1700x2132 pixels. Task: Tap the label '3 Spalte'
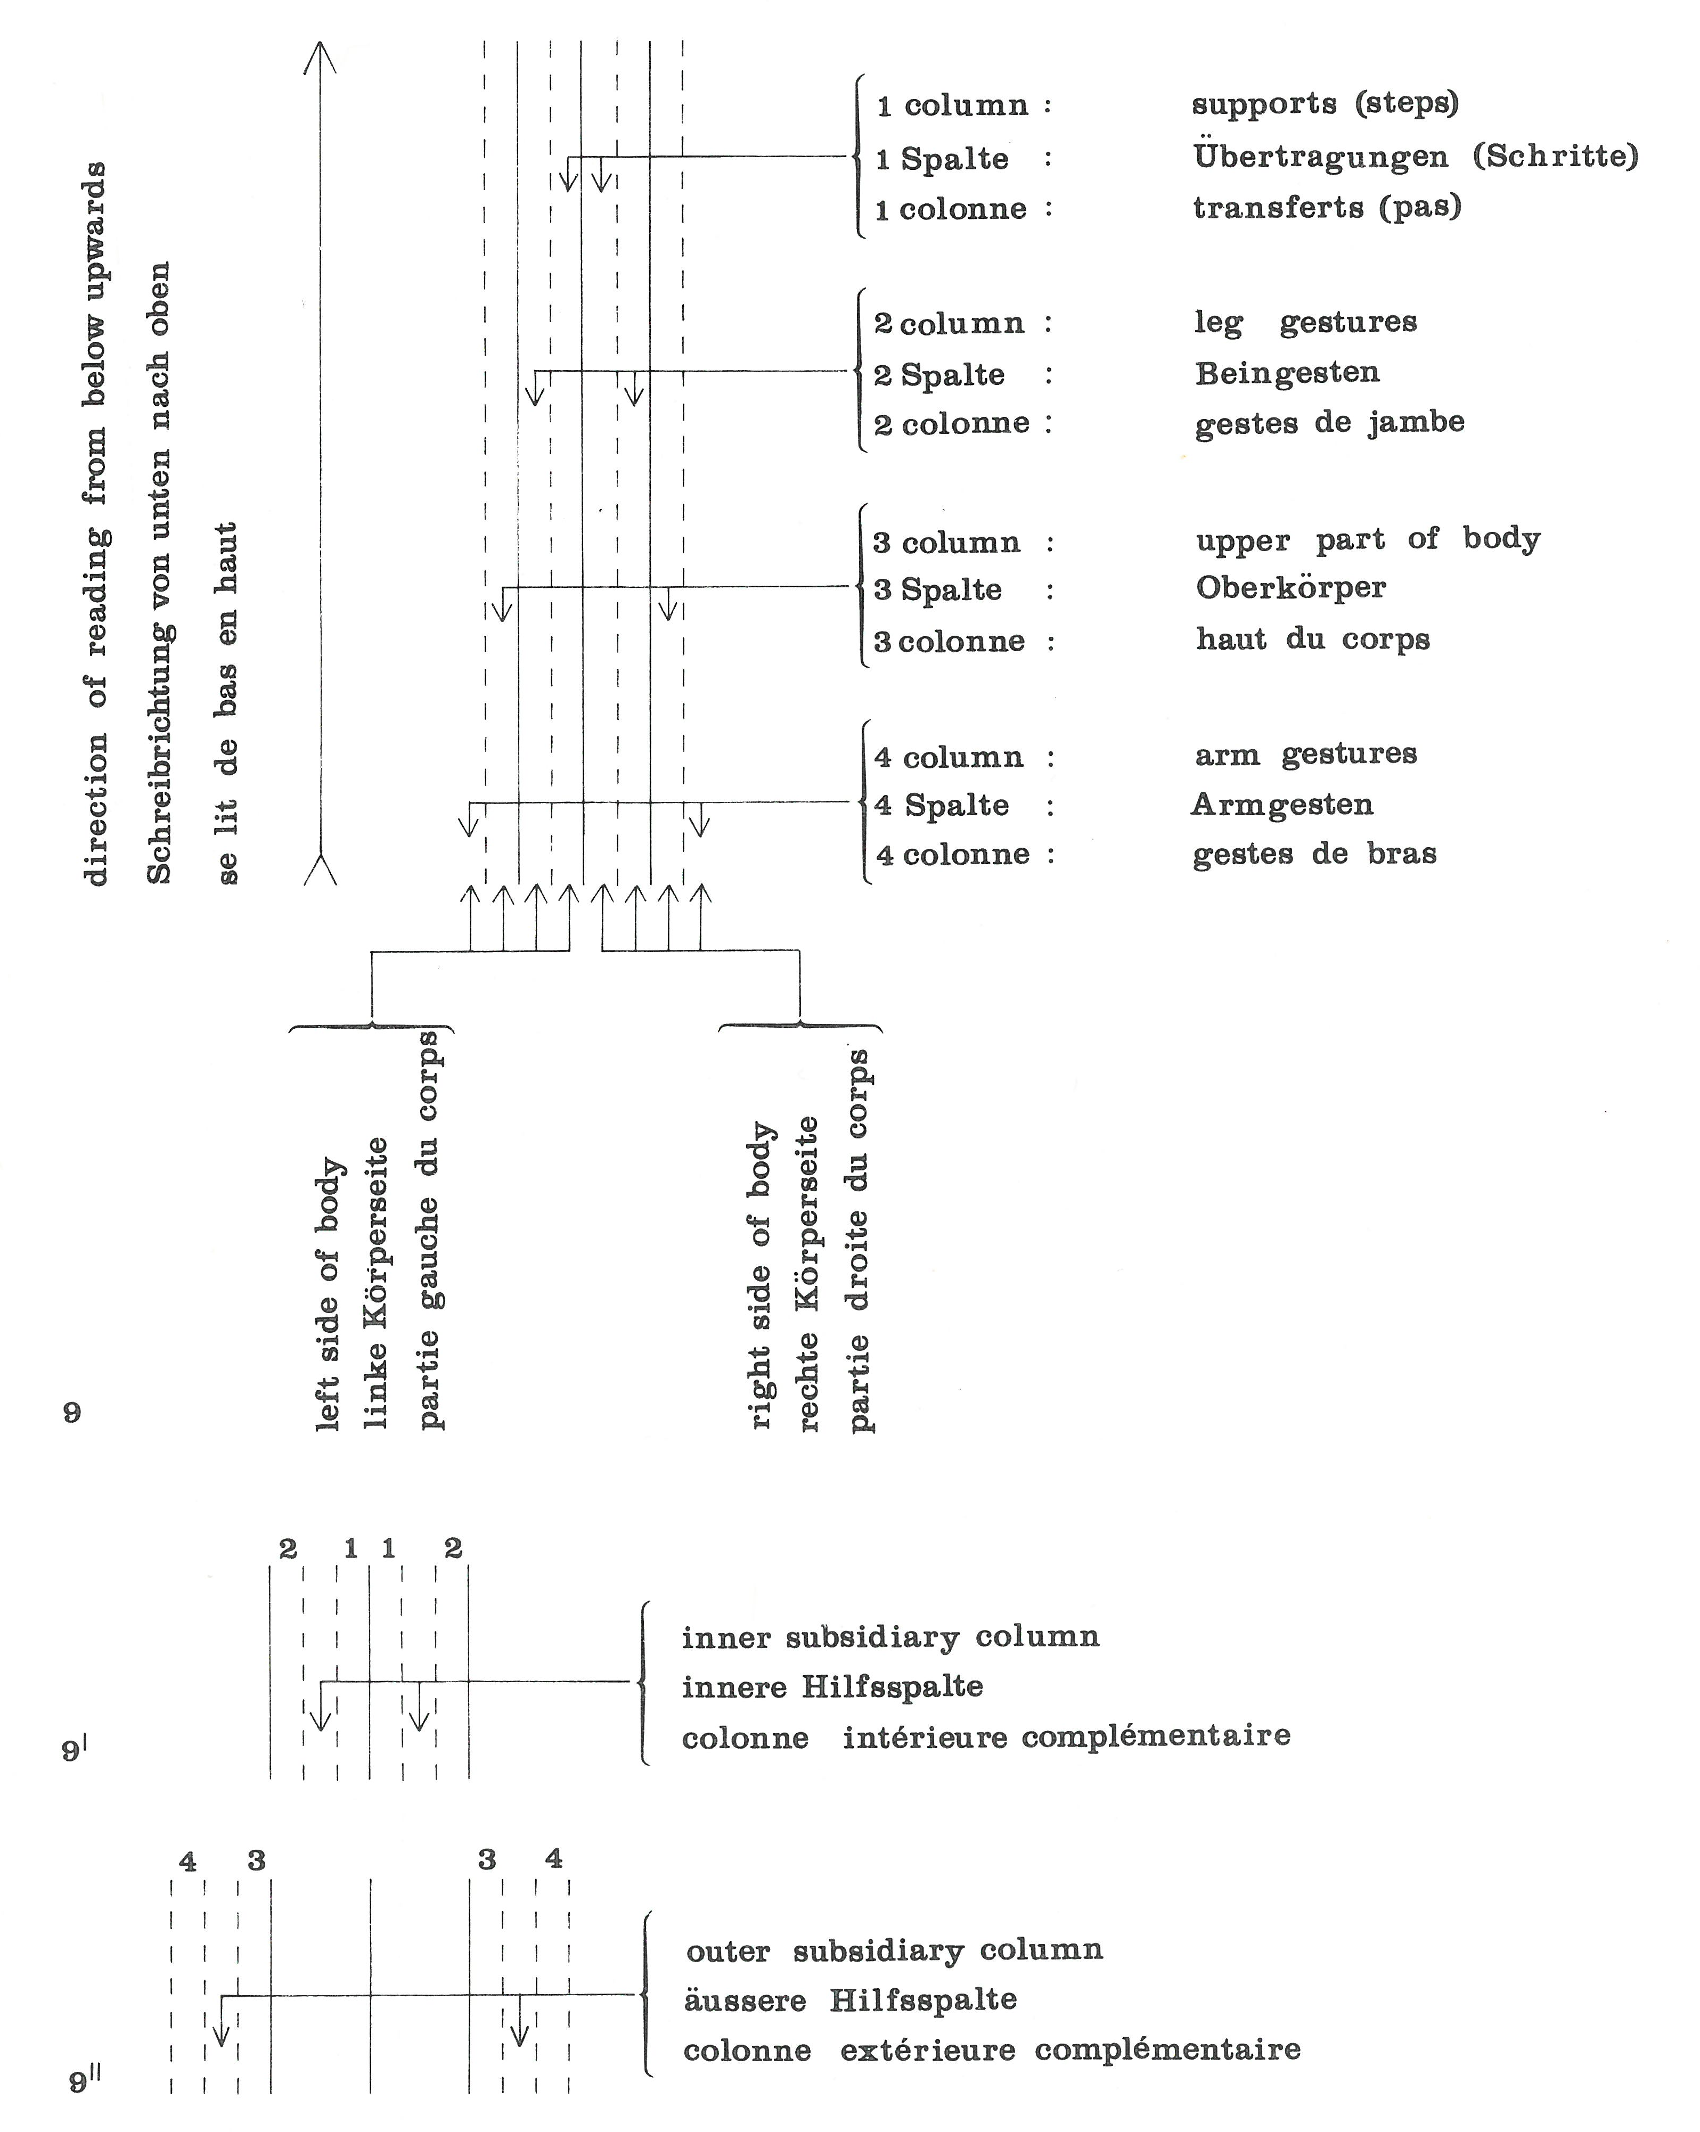(x=937, y=591)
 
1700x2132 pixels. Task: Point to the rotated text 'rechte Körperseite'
(x=808, y=1276)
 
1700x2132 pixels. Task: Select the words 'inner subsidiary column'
(x=890, y=1637)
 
